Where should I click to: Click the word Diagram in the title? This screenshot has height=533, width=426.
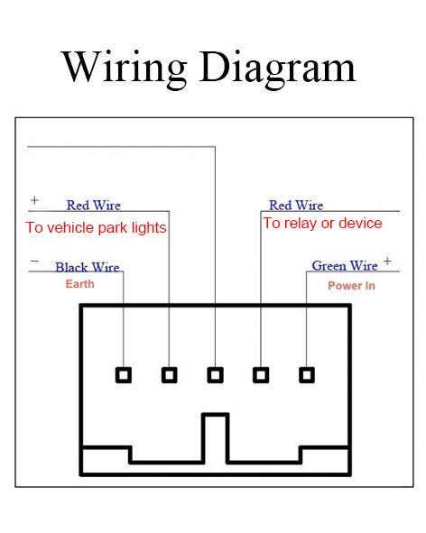pos(279,68)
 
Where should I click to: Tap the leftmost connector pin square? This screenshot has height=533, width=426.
pos(124,374)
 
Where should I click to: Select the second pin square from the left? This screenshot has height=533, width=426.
pos(170,374)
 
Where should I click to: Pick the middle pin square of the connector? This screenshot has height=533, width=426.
pos(215,374)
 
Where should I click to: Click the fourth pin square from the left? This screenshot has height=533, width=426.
pos(261,374)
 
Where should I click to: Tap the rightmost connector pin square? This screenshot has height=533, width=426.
pos(307,374)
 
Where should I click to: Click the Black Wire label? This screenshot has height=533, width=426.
pos(87,268)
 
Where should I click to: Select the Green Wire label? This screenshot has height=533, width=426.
pos(344,266)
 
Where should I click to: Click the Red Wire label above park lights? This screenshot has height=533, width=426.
pos(93,206)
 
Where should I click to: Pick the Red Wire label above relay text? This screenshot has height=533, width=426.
pos(296,206)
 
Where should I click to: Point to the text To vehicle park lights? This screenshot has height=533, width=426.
pos(96,228)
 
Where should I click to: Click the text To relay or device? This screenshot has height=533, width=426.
pos(322,223)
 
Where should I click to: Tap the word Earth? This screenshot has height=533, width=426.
pos(79,284)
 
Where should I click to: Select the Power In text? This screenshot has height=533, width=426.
pos(351,286)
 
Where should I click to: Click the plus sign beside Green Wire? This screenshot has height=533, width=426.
pos(387,262)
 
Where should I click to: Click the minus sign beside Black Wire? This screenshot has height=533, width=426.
pos(34,262)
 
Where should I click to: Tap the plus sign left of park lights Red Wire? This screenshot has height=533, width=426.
pos(34,200)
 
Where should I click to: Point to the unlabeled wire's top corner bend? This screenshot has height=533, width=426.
pos(215,146)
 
